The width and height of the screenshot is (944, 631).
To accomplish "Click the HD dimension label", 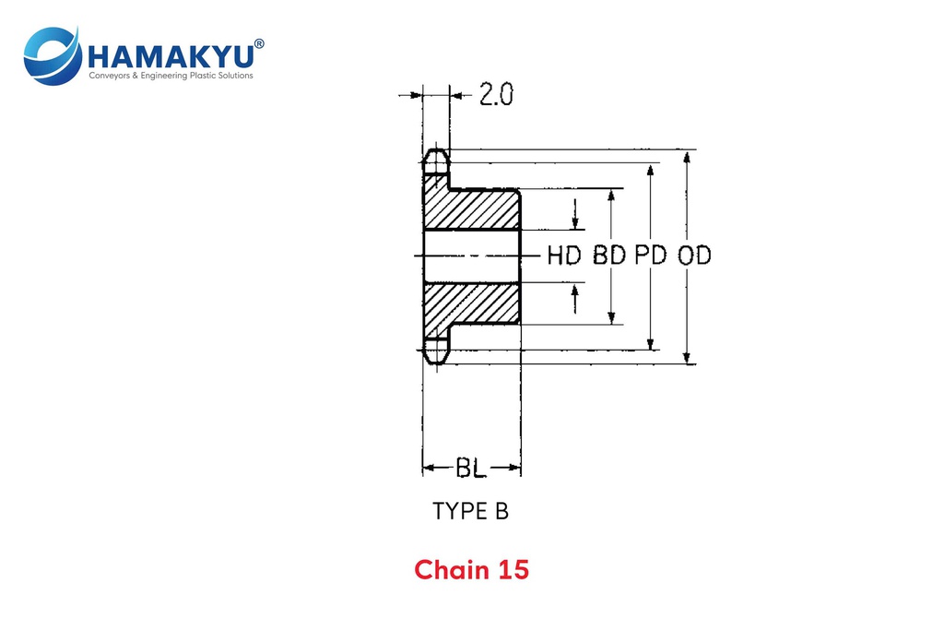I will point(564,256).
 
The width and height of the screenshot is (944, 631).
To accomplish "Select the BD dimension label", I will point(609,256).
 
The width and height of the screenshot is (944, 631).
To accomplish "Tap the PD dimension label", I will point(651,256).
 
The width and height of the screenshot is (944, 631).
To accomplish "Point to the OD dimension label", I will point(694,256).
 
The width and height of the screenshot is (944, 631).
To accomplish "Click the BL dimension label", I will point(470,468).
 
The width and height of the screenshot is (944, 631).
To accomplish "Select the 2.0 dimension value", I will point(496,95).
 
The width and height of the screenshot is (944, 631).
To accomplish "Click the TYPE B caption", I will point(470,511).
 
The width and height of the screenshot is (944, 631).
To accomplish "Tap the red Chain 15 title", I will point(471,570).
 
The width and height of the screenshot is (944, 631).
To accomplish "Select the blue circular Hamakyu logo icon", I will point(52,55).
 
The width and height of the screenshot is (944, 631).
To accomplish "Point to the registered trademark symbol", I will point(259,42).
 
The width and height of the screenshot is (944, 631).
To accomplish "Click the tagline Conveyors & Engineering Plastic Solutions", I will point(170,76).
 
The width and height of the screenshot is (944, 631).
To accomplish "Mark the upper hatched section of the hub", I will point(472,210).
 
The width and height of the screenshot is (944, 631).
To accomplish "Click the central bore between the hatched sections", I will point(470,256).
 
